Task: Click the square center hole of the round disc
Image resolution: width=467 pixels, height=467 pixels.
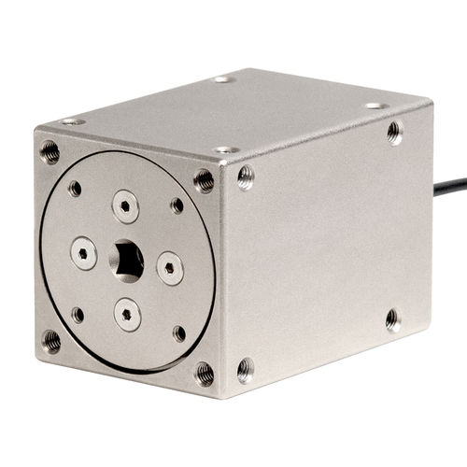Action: pyautogui.click(x=127, y=261)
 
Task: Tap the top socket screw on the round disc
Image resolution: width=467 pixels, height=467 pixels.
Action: pyautogui.click(x=125, y=205)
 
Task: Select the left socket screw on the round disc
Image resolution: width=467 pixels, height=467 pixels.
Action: pyautogui.click(x=83, y=252)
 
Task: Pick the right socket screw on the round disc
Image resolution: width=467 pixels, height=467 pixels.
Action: pyautogui.click(x=169, y=267)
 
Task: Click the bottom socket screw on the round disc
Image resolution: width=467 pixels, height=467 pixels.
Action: pyautogui.click(x=128, y=314)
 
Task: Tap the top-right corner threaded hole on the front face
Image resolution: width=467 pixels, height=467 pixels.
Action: pyautogui.click(x=204, y=179)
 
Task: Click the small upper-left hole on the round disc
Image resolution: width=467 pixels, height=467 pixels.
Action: pyautogui.click(x=75, y=189)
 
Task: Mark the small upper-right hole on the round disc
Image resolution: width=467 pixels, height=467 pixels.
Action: pyautogui.click(x=177, y=205)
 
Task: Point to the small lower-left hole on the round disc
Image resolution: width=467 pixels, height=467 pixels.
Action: pyautogui.click(x=78, y=315)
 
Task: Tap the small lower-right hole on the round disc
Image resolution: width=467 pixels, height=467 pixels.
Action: pyautogui.click(x=179, y=333)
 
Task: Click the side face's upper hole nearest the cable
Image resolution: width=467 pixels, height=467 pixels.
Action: pyautogui.click(x=395, y=132)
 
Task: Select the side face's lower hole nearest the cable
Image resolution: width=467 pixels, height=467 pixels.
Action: pyautogui.click(x=392, y=319)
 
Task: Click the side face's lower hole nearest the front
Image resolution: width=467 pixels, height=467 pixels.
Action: pyautogui.click(x=245, y=369)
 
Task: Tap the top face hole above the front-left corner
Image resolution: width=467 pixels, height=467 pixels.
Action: pyautogui.click(x=73, y=121)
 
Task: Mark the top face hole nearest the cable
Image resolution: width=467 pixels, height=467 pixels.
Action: pyautogui.click(x=374, y=106)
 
